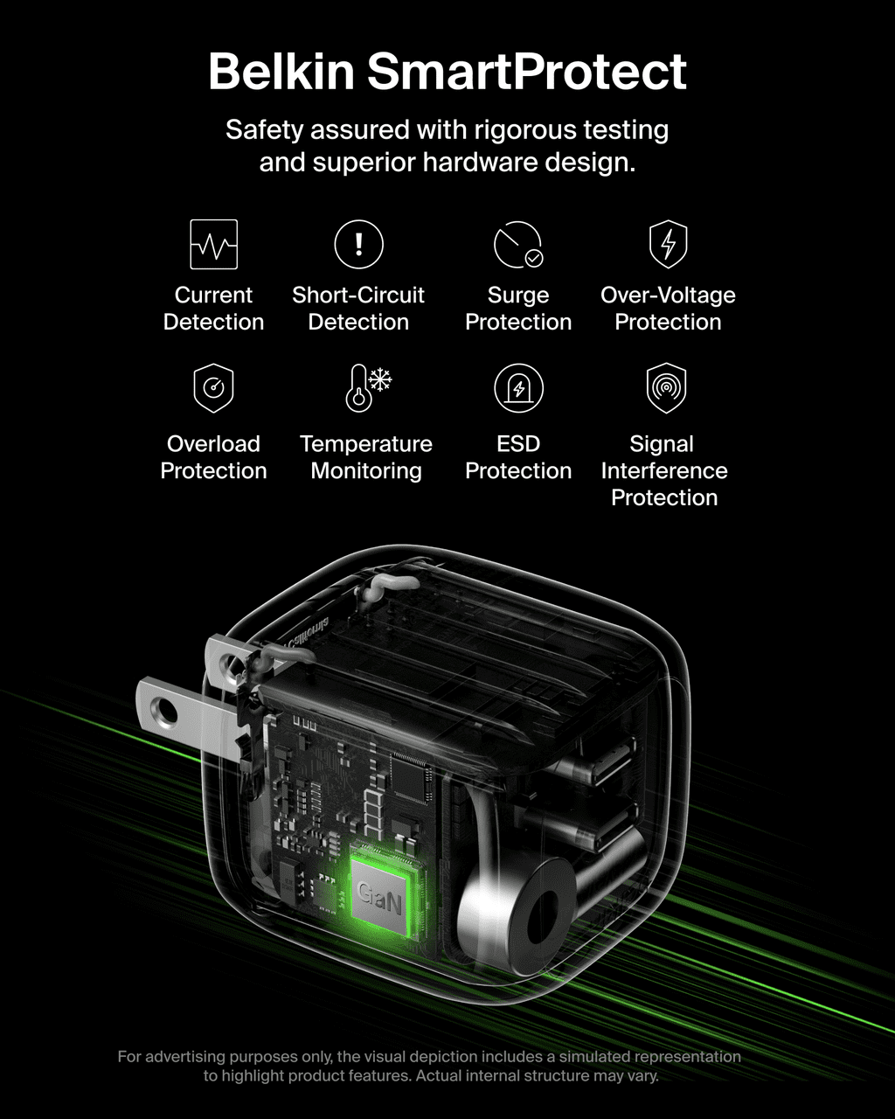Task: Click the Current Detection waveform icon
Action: (214, 244)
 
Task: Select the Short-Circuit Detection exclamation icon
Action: (359, 244)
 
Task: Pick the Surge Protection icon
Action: (518, 245)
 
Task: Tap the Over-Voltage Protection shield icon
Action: (669, 244)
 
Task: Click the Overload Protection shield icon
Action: (213, 388)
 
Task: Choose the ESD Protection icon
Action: (518, 388)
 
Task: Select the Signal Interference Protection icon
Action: (666, 388)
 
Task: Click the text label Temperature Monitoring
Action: (366, 457)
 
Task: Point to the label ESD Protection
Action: (518, 457)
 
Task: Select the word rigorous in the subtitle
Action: (524, 130)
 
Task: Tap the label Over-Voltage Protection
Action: (669, 309)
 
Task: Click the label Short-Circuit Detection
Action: (358, 309)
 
